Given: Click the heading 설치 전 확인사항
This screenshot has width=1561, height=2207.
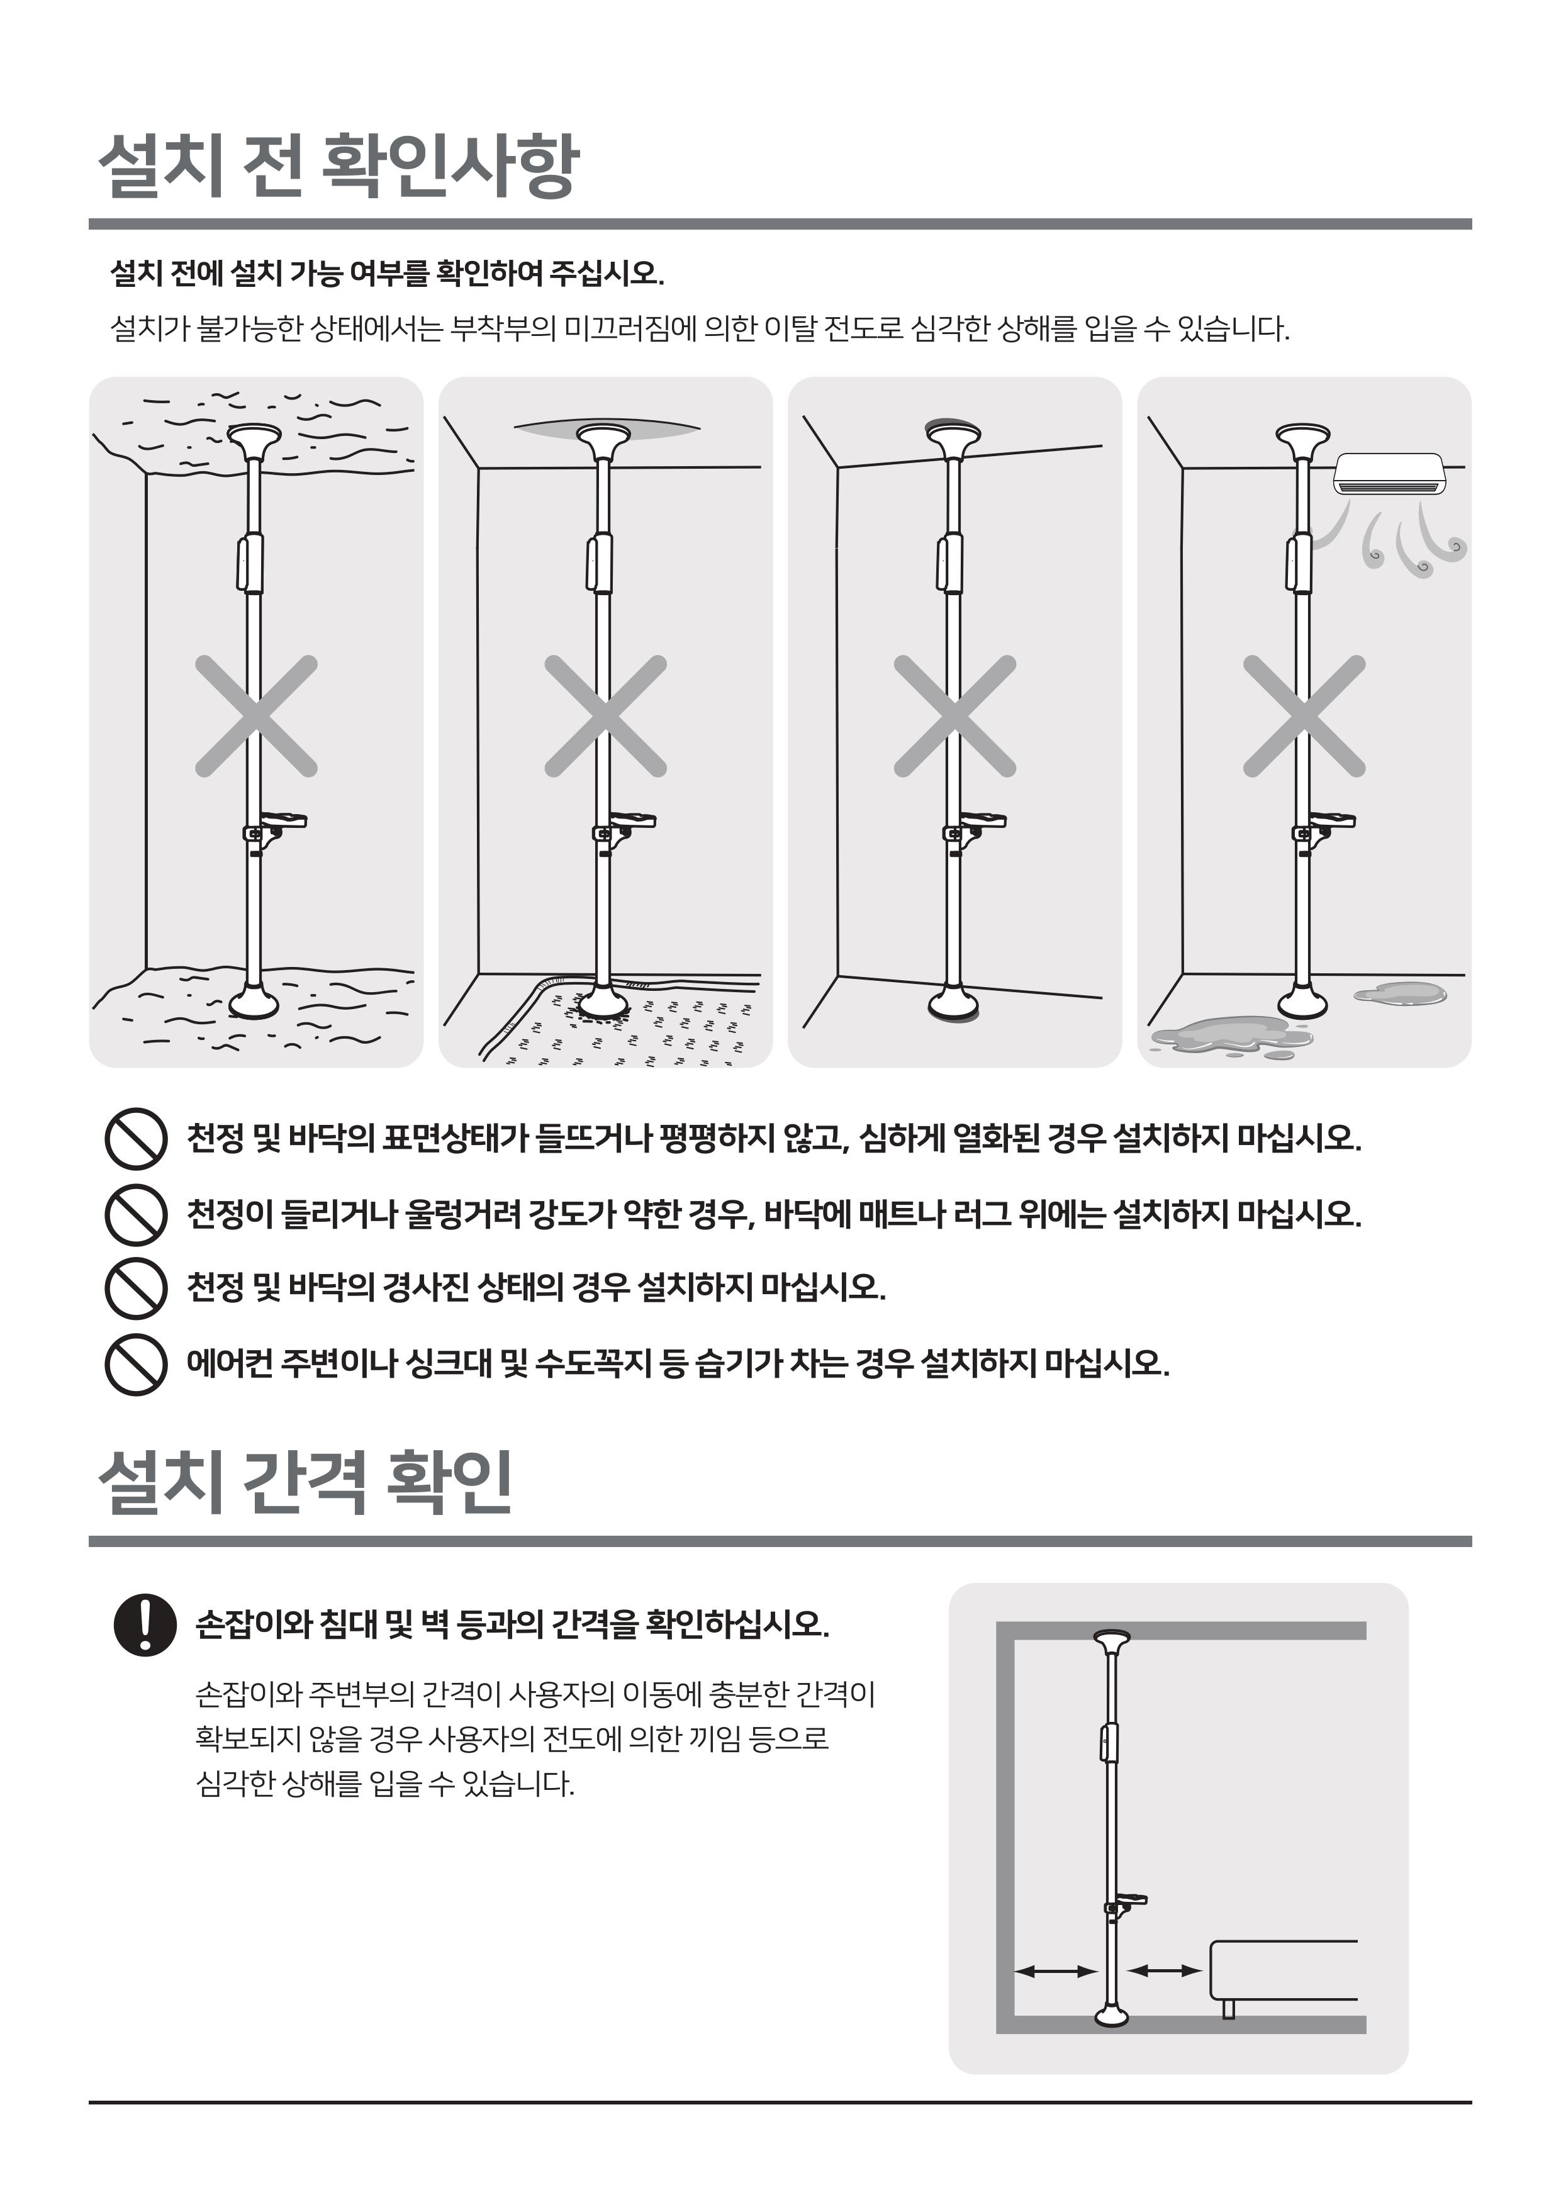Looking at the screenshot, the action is tap(339, 166).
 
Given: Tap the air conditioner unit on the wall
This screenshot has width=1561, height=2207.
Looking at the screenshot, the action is tap(1390, 474).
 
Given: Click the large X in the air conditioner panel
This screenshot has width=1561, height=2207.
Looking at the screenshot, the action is tap(1304, 716).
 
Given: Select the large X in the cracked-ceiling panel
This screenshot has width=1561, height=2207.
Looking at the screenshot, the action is tap(255, 716).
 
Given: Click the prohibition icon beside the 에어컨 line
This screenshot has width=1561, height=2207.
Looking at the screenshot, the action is tap(135, 1364).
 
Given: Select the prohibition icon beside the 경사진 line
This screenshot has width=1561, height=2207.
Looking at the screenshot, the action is tap(135, 1288).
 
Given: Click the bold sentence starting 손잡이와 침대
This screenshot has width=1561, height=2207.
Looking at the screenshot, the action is tap(512, 1624).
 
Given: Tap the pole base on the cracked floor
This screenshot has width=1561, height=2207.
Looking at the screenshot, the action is tap(254, 1002).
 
